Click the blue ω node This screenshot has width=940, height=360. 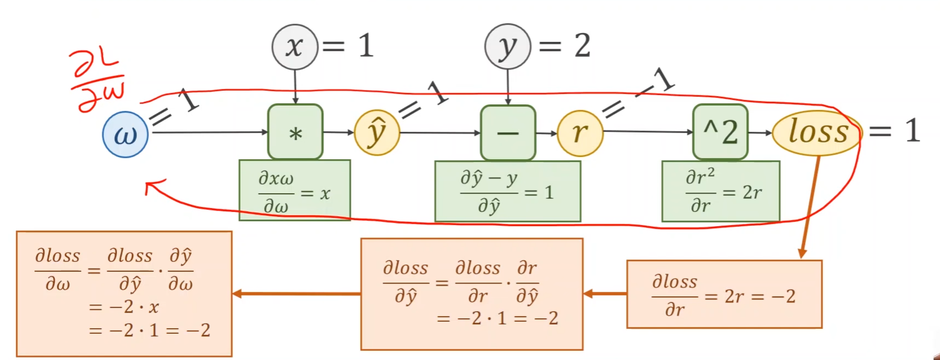click(x=126, y=134)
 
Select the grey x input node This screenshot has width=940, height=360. click(x=294, y=47)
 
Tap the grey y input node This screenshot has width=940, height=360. click(x=507, y=47)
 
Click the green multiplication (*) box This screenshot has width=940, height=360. click(x=296, y=132)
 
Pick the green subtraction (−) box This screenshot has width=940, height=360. click(x=508, y=133)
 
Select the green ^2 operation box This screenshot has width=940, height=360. click(x=721, y=132)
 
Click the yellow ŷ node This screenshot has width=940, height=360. click(x=377, y=133)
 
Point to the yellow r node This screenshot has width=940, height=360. click(x=580, y=133)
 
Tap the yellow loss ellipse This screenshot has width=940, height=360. click(x=817, y=133)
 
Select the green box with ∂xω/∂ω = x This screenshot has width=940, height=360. click(x=294, y=190)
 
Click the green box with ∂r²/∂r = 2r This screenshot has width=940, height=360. click(x=721, y=191)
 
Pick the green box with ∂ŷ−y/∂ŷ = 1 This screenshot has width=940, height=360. click(x=507, y=191)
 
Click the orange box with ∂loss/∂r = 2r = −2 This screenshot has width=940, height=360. click(x=724, y=294)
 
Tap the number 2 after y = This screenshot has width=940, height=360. click(x=582, y=46)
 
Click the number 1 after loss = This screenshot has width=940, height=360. click(x=912, y=131)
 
